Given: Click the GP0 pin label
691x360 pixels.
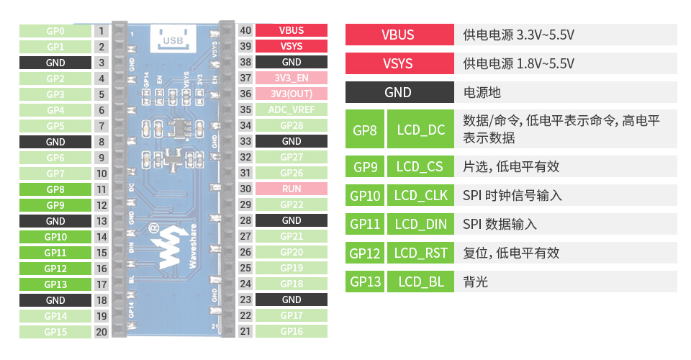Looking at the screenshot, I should (x=55, y=31).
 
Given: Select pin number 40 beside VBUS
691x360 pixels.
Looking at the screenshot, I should (x=245, y=30).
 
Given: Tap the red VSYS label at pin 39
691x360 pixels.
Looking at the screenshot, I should (x=292, y=46).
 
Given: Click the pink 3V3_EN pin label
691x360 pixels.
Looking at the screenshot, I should (x=292, y=78).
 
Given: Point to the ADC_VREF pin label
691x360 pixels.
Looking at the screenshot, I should (x=292, y=109).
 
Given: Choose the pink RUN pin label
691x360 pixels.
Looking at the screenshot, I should (x=292, y=189).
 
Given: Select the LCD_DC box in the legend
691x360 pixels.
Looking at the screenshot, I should (x=421, y=130).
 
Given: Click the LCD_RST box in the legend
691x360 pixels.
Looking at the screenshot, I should (x=421, y=253).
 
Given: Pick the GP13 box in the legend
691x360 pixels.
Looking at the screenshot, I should (x=365, y=282).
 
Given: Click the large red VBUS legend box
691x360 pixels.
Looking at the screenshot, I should (x=398, y=35).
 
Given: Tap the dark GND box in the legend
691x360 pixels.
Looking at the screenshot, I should (x=398, y=92).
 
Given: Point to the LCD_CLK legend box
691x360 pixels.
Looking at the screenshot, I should (x=421, y=195).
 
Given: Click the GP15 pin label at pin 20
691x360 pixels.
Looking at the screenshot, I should (x=55, y=332).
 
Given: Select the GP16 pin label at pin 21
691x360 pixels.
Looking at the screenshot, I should (x=292, y=331).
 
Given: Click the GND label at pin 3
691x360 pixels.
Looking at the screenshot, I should (x=55, y=63).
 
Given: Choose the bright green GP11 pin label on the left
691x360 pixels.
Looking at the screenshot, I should (x=55, y=253).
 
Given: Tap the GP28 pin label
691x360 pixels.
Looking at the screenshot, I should (x=292, y=125).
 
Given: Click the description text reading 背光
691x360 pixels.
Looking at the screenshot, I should (x=476, y=282).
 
